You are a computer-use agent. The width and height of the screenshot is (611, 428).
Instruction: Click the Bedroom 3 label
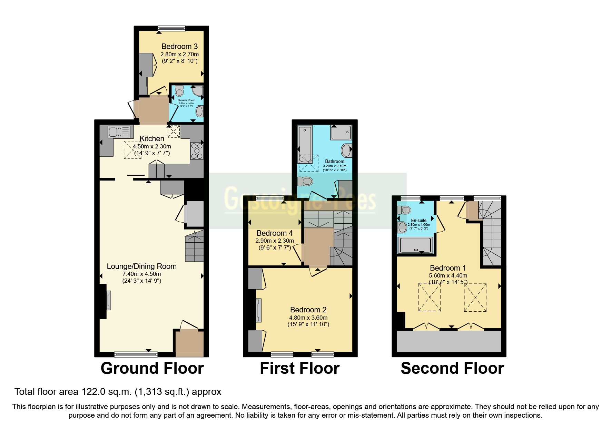[179, 46]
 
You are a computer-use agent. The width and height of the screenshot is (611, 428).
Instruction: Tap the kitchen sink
[119, 132]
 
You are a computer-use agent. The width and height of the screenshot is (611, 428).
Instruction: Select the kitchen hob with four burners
[197, 151]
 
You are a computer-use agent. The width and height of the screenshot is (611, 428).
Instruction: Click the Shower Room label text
[186, 100]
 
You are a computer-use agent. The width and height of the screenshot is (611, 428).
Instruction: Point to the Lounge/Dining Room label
[141, 266]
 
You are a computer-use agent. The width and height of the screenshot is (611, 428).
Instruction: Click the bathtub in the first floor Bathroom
[305, 144]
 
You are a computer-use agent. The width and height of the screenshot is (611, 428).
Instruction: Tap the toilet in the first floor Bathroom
[305, 181]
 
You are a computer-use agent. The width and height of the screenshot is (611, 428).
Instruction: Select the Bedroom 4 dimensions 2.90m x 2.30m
[275, 241]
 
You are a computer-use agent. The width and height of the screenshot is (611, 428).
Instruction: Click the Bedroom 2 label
[308, 310]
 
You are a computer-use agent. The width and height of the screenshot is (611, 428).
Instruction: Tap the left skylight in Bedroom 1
[430, 297]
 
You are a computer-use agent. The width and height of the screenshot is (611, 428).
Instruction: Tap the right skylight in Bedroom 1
[475, 297]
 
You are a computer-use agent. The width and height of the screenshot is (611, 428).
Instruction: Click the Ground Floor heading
[152, 368]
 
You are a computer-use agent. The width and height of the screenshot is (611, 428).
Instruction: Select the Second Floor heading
[452, 368]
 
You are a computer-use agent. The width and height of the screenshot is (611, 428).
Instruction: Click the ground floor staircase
[194, 247]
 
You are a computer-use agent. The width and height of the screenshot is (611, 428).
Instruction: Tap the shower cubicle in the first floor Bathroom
[341, 133]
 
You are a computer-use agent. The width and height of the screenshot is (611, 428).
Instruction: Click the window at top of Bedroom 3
[171, 28]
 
